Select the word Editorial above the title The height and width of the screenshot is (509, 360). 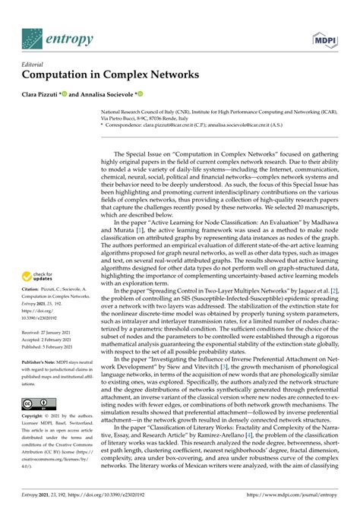coord(35,65)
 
